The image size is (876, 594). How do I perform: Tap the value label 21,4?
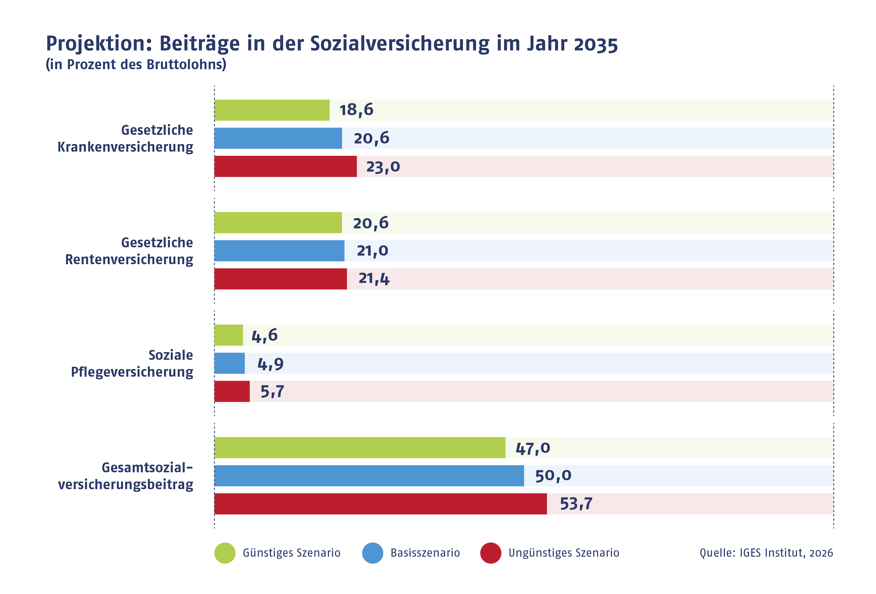[374, 279]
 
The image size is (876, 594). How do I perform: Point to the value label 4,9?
[270, 364]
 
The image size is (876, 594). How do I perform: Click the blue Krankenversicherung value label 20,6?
[371, 138]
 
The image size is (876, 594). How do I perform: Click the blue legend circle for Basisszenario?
[373, 553]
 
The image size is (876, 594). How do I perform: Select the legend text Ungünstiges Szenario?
[564, 553]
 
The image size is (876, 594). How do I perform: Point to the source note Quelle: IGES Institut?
[766, 553]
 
